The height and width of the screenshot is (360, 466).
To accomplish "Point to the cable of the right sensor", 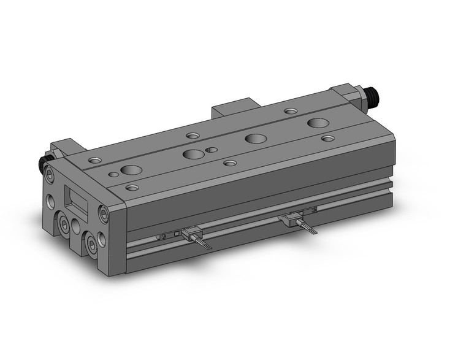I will (x=308, y=229).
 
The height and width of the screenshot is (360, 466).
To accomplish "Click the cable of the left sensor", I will (x=205, y=243).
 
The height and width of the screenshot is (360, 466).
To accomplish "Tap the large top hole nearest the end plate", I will (x=131, y=169).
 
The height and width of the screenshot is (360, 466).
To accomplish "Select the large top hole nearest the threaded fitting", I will (x=318, y=123).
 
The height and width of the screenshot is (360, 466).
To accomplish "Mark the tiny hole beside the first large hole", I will (x=113, y=174).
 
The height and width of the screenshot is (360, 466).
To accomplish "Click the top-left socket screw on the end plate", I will (x=50, y=176).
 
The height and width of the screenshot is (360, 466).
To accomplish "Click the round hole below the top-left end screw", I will (x=49, y=200).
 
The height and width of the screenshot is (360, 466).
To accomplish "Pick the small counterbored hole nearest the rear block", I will (x=291, y=112).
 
